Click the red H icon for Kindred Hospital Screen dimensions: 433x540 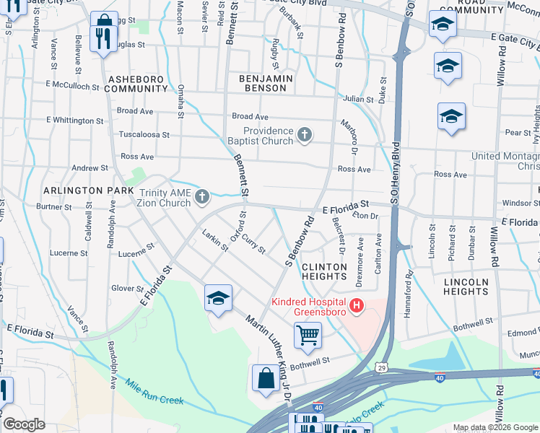click(355, 307)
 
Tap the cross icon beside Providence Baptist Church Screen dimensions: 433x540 click(305, 135)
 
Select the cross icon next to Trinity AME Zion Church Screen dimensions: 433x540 click(203, 196)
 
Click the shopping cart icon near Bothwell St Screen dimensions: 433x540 click(308, 336)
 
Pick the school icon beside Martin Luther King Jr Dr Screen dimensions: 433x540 click(218, 298)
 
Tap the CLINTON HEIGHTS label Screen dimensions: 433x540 click(324, 271)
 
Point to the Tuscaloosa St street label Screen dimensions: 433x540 click(144, 135)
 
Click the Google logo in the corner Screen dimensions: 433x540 click(24, 424)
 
